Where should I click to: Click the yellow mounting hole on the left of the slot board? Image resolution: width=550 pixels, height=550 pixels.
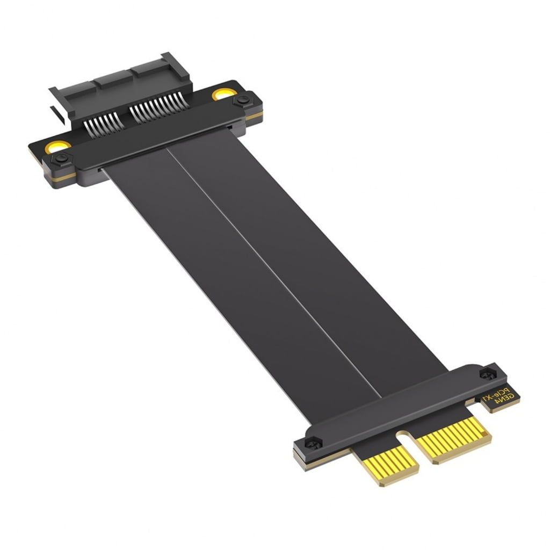[x=57, y=146]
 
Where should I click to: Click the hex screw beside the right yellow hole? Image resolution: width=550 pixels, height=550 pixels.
[x=243, y=100]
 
